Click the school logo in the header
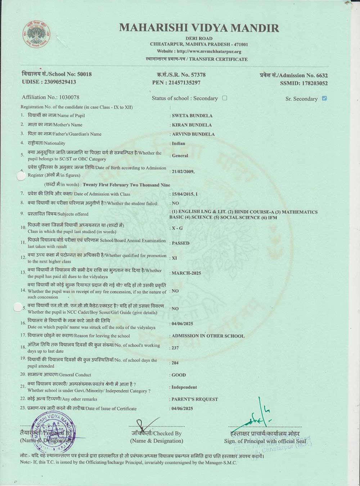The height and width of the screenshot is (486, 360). pos(36,35)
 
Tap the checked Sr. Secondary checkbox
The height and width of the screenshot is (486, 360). pos(324,98)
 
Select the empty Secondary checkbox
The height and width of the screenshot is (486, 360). pos(225,98)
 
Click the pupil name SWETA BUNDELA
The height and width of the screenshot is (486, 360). pos(192,116)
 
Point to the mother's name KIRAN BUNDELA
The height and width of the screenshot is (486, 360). pos(192,125)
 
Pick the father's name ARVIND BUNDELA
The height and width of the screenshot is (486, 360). pos(193,134)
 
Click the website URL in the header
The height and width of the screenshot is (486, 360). pos(199,51)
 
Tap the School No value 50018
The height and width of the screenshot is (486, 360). pos(84,74)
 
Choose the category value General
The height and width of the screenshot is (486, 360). pos(180,156)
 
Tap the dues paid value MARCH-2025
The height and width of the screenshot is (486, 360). pos(186,273)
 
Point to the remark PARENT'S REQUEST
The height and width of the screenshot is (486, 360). pos(195,399)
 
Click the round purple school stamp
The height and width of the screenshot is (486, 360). pos(54,431)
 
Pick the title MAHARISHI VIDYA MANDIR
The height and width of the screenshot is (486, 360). pos(199,28)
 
